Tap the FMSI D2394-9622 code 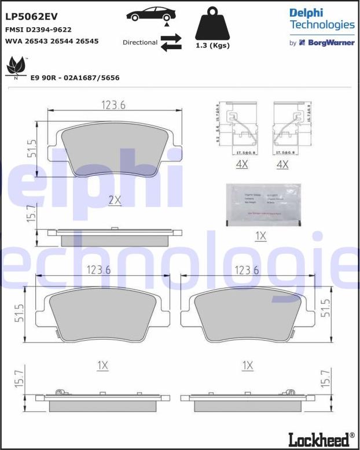(x=38, y=29)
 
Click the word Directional (x=139, y=42)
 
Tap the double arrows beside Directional (x=171, y=42)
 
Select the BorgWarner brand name (x=330, y=43)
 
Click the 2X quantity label (x=115, y=200)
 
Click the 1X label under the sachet (x=260, y=236)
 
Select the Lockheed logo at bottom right (x=326, y=438)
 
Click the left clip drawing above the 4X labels (x=242, y=130)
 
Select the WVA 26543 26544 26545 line (x=52, y=42)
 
